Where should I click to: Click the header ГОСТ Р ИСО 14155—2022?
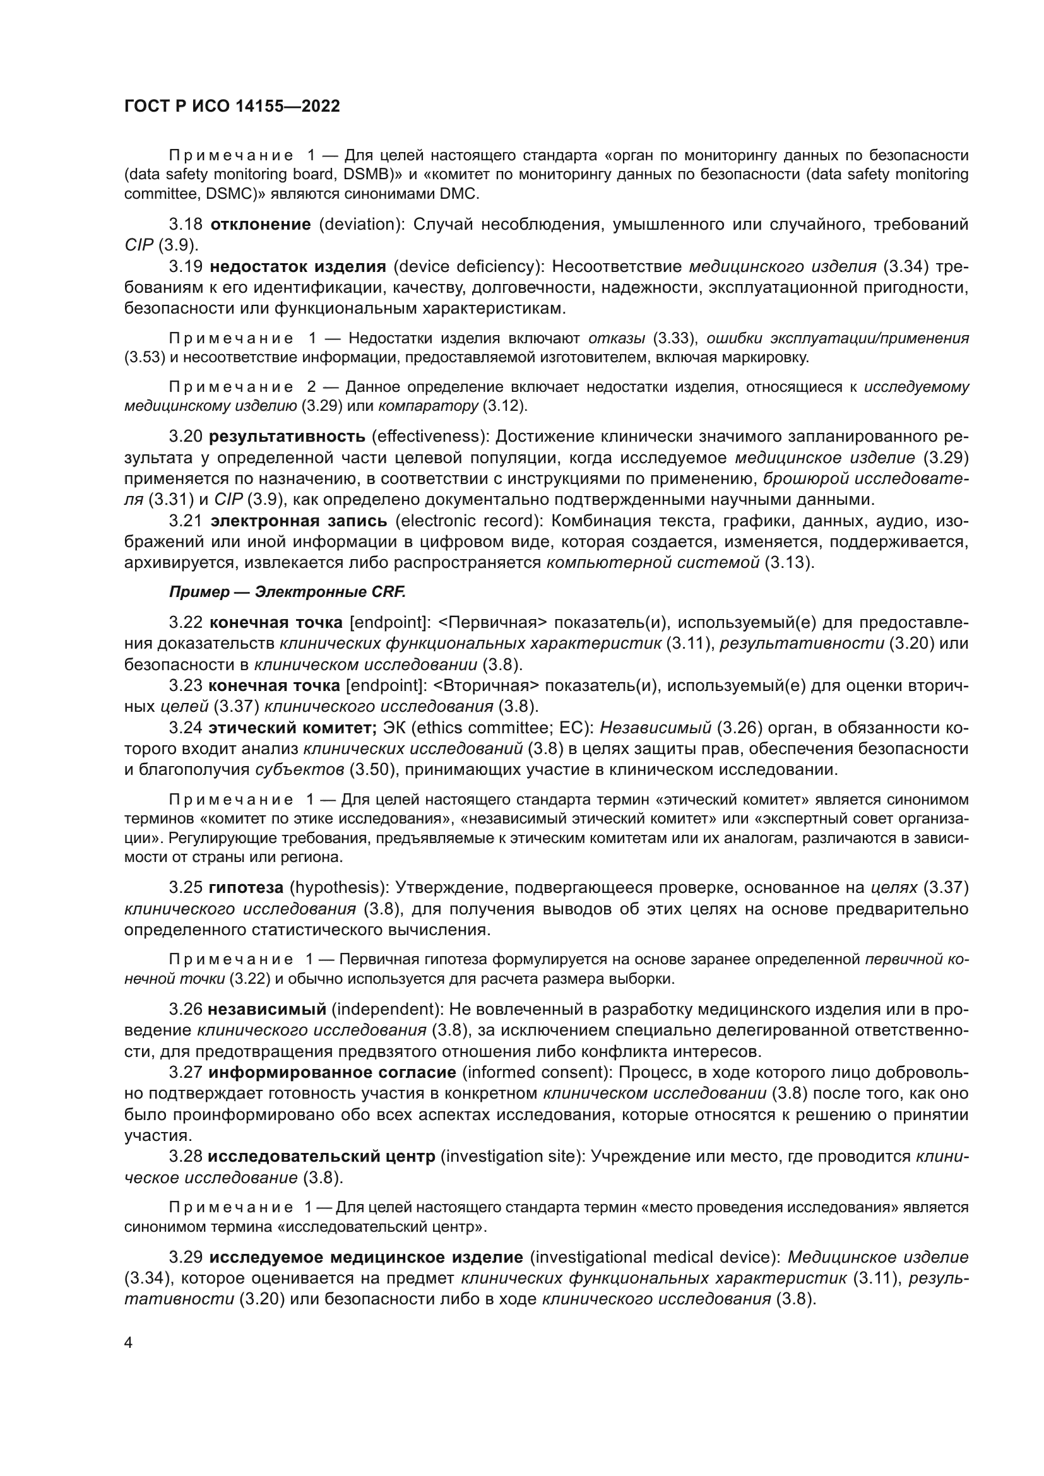click(232, 107)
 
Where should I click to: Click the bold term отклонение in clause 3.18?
click(260, 225)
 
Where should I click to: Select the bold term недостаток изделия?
click(298, 267)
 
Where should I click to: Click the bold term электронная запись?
click(299, 521)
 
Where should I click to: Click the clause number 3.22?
click(186, 622)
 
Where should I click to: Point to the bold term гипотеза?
click(246, 888)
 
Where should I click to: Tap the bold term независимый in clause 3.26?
click(267, 1009)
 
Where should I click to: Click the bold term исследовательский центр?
click(321, 1157)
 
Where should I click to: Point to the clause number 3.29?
click(186, 1257)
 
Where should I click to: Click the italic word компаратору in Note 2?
click(428, 406)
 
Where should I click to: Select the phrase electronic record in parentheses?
click(454, 521)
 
